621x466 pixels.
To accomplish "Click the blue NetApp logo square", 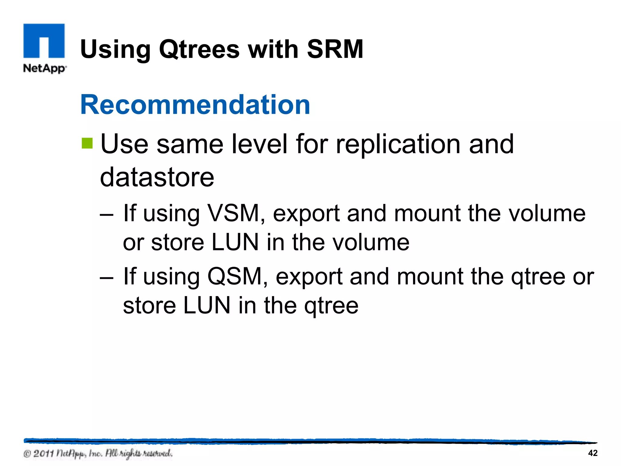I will click(44, 41).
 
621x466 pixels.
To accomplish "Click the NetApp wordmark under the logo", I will click(45, 68).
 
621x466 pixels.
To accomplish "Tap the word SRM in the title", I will click(335, 49).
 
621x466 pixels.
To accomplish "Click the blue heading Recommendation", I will click(195, 105).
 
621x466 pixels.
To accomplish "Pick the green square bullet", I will click(87, 144).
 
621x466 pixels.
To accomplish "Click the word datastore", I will click(157, 177).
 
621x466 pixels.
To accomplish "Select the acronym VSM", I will click(233, 213).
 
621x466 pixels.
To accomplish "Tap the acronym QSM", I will click(235, 276).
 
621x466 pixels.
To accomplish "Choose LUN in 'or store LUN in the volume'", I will click(235, 243).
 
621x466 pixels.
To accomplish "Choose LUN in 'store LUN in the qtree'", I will click(207, 306).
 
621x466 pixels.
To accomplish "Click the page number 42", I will click(592, 453).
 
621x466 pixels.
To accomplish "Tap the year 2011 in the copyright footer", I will click(43, 454).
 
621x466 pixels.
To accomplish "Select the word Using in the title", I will click(116, 50).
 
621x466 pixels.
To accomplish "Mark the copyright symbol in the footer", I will click(27, 454).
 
